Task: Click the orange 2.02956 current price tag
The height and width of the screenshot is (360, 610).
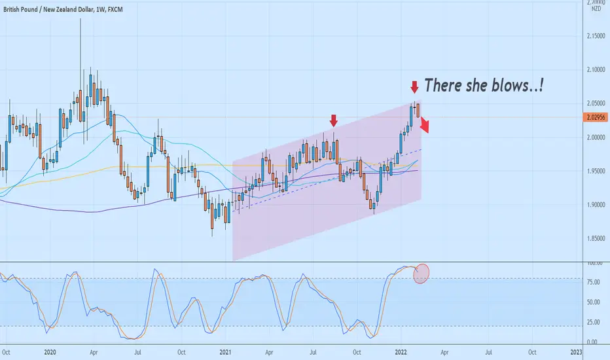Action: pos(595,117)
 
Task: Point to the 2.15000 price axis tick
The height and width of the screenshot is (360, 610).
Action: pos(596,36)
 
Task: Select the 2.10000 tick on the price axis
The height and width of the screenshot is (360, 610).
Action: pos(596,69)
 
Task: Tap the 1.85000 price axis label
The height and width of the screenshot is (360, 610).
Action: pos(596,238)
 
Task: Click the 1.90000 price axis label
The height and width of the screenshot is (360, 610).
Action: pos(596,205)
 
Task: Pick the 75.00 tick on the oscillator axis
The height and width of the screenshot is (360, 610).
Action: pos(593,282)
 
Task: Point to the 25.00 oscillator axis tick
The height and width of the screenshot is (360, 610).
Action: pos(593,322)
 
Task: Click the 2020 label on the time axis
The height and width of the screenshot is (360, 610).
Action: pos(50,352)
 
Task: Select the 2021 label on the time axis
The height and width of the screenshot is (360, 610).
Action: pos(225,352)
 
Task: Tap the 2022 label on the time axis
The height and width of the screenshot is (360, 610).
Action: pos(401,352)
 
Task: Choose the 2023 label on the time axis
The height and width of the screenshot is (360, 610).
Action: pos(576,352)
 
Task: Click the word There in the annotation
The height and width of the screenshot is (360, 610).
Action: pos(442,85)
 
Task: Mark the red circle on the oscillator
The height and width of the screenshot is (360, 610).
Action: pos(422,274)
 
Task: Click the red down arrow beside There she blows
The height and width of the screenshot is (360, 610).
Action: pos(415,87)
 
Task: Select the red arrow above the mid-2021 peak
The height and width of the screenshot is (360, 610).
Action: pos(333,120)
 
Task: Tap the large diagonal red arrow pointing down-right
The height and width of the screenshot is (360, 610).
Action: pos(424,124)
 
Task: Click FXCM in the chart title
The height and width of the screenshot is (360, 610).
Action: pos(115,9)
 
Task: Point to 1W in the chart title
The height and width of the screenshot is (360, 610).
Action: pos(100,9)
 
